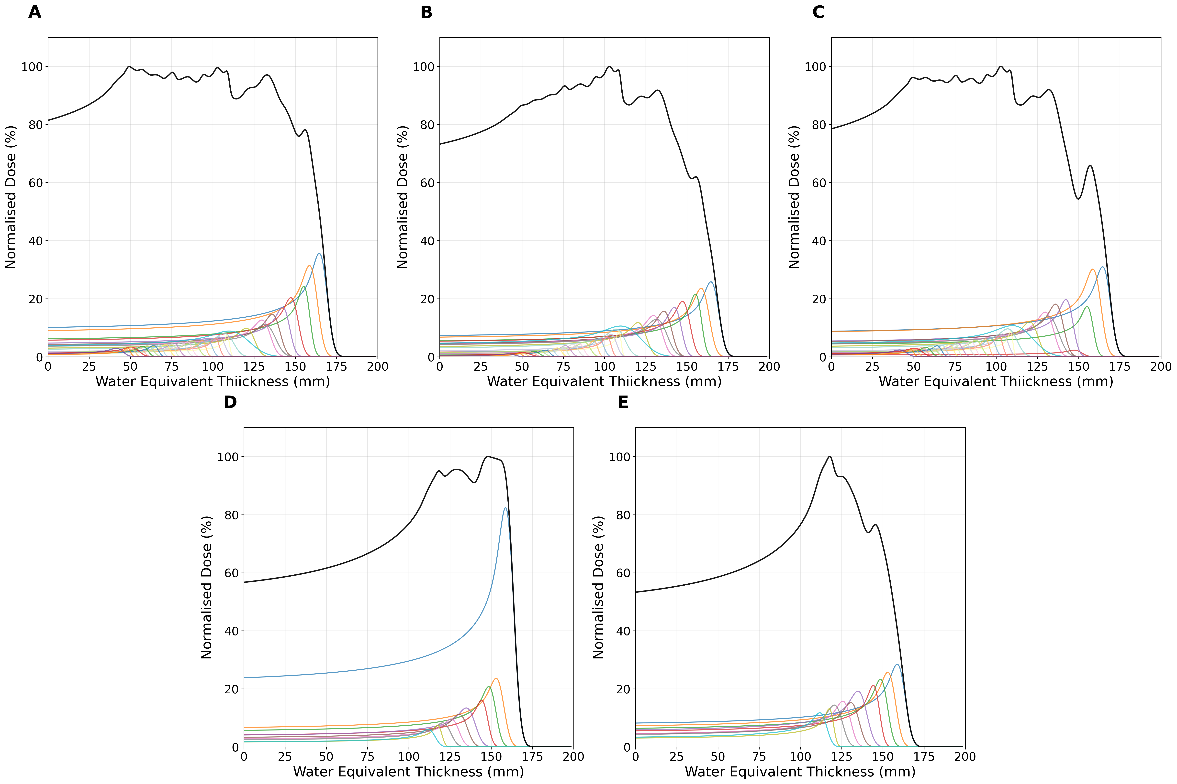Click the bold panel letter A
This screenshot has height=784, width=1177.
pos(34,12)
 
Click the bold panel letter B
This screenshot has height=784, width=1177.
pos(426,12)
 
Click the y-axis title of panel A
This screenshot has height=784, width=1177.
pos(11,197)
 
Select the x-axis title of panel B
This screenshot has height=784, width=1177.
pos(604,382)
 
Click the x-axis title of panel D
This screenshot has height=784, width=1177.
pos(408,772)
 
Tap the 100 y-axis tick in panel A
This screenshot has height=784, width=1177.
pos(32,66)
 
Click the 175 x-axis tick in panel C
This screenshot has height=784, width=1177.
pos(1120,366)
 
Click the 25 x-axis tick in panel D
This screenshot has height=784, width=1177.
pos(285,756)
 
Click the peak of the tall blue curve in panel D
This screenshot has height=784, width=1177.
pos(505,508)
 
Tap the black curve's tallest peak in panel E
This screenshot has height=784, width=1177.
pos(830,457)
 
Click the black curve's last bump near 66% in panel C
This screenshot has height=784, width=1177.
pos(1090,165)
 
